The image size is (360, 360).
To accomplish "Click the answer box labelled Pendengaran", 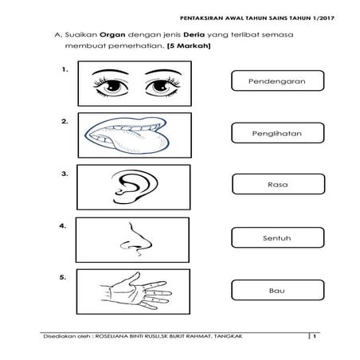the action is click(x=278, y=80).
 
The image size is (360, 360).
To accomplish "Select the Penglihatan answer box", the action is click(x=278, y=133).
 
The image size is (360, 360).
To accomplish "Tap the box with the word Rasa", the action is click(x=278, y=184).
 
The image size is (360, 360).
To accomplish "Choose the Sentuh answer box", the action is click(x=278, y=237).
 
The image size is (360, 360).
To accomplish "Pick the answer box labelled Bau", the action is click(x=278, y=290).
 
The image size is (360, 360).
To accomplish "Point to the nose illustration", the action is click(x=136, y=238).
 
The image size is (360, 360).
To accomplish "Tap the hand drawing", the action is click(x=136, y=291).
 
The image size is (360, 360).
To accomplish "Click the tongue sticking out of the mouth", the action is click(x=141, y=143).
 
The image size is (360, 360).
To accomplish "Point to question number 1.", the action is click(x=65, y=69).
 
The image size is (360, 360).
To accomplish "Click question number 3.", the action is click(x=65, y=174).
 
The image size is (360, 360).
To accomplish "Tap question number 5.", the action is click(x=63, y=277).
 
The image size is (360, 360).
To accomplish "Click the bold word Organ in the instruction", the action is click(x=112, y=35).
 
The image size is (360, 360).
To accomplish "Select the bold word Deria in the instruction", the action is click(x=194, y=35).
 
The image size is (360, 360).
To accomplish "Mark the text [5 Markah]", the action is click(x=189, y=45).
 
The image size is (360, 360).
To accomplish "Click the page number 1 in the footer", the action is click(x=315, y=336).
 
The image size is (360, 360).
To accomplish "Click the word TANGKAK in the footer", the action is click(x=228, y=336).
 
